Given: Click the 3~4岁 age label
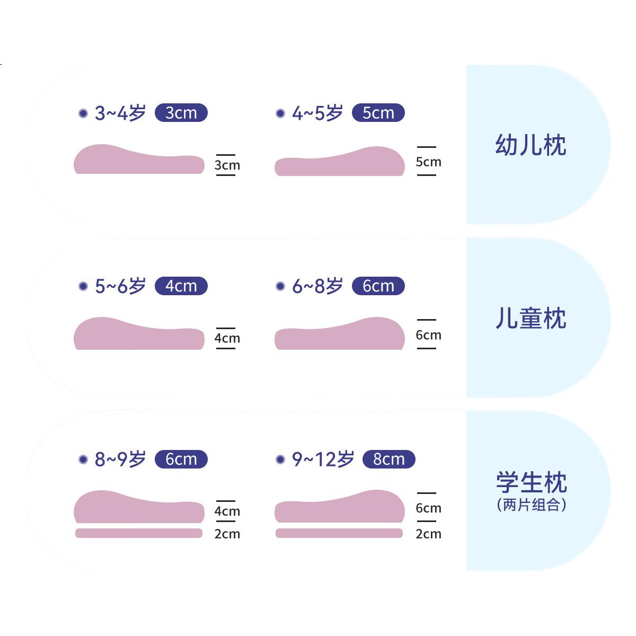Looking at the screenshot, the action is (x=120, y=113).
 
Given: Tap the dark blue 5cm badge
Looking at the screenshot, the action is (x=378, y=112).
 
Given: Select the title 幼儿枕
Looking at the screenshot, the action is (x=531, y=145).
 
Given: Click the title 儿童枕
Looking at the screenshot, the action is (x=531, y=318).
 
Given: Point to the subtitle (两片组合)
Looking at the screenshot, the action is (x=532, y=505).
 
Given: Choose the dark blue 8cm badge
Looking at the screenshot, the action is (x=389, y=459).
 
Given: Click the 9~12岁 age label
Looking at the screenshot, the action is (x=323, y=459).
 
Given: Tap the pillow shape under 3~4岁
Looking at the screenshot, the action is (x=139, y=159).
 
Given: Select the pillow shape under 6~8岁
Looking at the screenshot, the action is (x=340, y=333).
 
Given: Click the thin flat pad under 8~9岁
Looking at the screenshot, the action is (x=139, y=533).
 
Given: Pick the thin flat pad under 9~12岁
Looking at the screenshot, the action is (x=339, y=533).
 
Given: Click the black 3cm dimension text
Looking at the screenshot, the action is (x=227, y=165).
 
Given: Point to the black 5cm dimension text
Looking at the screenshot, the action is (x=428, y=162).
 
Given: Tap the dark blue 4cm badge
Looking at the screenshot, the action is (x=181, y=286).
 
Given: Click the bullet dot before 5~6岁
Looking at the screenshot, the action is (x=83, y=286).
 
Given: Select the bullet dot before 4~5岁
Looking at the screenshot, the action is (x=280, y=113).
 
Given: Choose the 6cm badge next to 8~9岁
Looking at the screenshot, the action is (x=181, y=459).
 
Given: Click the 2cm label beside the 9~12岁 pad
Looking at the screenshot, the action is (x=428, y=534).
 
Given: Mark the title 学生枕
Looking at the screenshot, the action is (x=532, y=482).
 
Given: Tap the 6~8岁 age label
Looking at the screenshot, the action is (x=317, y=286).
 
